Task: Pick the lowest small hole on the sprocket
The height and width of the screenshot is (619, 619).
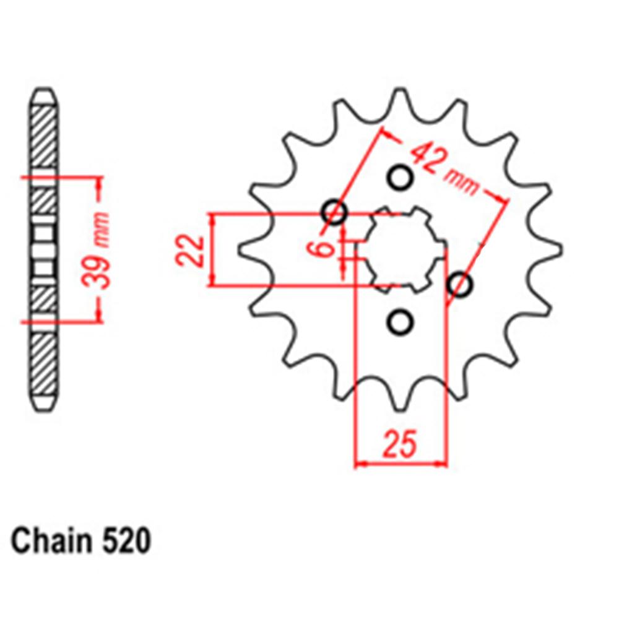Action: pos(399,322)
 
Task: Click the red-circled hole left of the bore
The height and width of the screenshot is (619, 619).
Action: pos(335,213)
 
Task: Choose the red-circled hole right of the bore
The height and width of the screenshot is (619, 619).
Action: pos(460,285)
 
